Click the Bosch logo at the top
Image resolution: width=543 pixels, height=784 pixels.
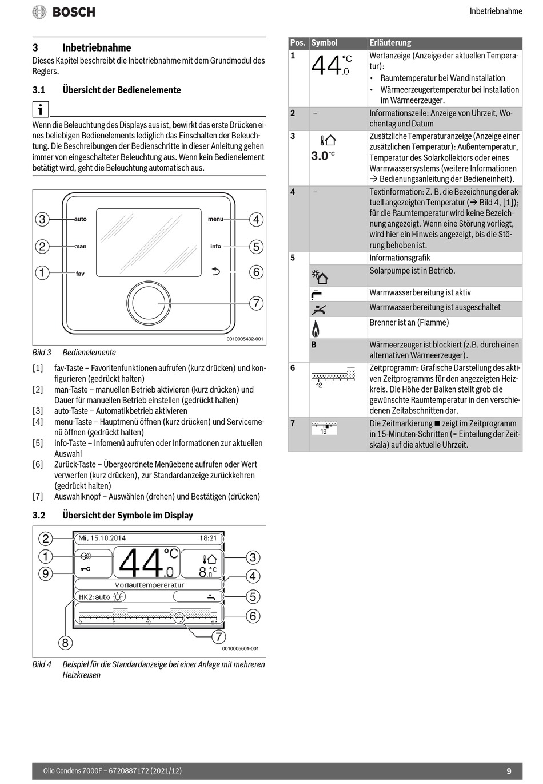point(64,12)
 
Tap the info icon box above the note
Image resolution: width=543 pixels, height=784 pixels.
point(41,109)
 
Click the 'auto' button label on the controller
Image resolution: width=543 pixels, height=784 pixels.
point(81,219)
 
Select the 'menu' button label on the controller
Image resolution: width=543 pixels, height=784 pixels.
point(215,219)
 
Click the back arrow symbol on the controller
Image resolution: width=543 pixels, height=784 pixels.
point(215,272)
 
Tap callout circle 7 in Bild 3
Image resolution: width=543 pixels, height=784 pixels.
point(256,303)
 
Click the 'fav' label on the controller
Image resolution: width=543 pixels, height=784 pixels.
point(80,274)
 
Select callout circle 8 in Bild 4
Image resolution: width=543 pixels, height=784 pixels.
point(65,643)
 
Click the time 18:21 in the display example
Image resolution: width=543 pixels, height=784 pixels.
point(208,538)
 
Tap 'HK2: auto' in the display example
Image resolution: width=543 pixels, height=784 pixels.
point(95,597)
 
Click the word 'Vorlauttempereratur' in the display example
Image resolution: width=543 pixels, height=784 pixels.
point(149,585)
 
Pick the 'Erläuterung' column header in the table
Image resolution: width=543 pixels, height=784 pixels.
point(390,43)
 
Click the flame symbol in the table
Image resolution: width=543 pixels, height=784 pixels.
point(315,328)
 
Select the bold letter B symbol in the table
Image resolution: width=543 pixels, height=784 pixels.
point(314,345)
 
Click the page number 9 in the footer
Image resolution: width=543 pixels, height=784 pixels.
point(509,771)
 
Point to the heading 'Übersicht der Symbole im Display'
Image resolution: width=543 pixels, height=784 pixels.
point(127,515)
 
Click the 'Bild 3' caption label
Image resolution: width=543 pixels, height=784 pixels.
point(42,353)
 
